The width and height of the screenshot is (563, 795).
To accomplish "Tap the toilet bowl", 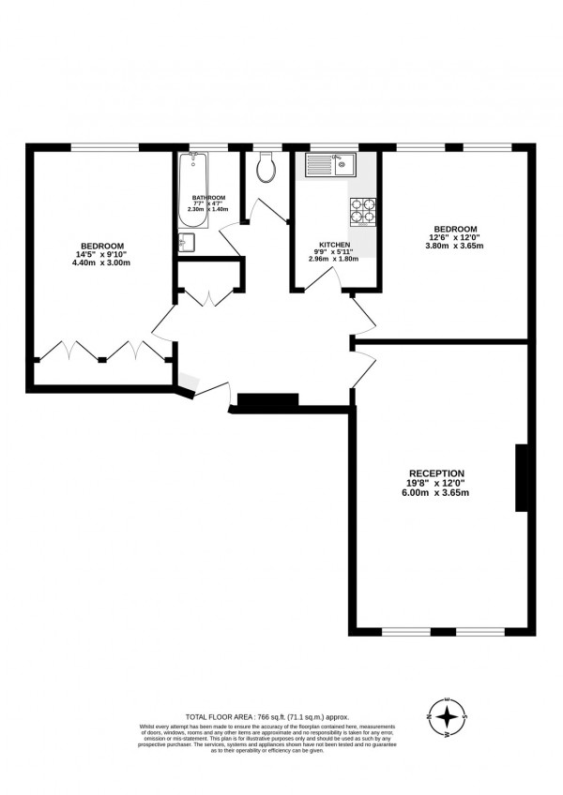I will click(266, 169).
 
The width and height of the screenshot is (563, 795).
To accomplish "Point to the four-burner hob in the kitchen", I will click(362, 213).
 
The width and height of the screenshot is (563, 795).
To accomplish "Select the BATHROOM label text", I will click(208, 198).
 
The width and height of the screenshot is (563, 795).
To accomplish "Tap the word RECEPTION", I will click(436, 472).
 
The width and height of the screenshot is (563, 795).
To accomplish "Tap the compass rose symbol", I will click(449, 718).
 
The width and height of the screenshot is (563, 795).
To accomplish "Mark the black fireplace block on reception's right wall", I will click(521, 477).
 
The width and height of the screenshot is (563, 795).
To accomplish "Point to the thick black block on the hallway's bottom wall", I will click(266, 400).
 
